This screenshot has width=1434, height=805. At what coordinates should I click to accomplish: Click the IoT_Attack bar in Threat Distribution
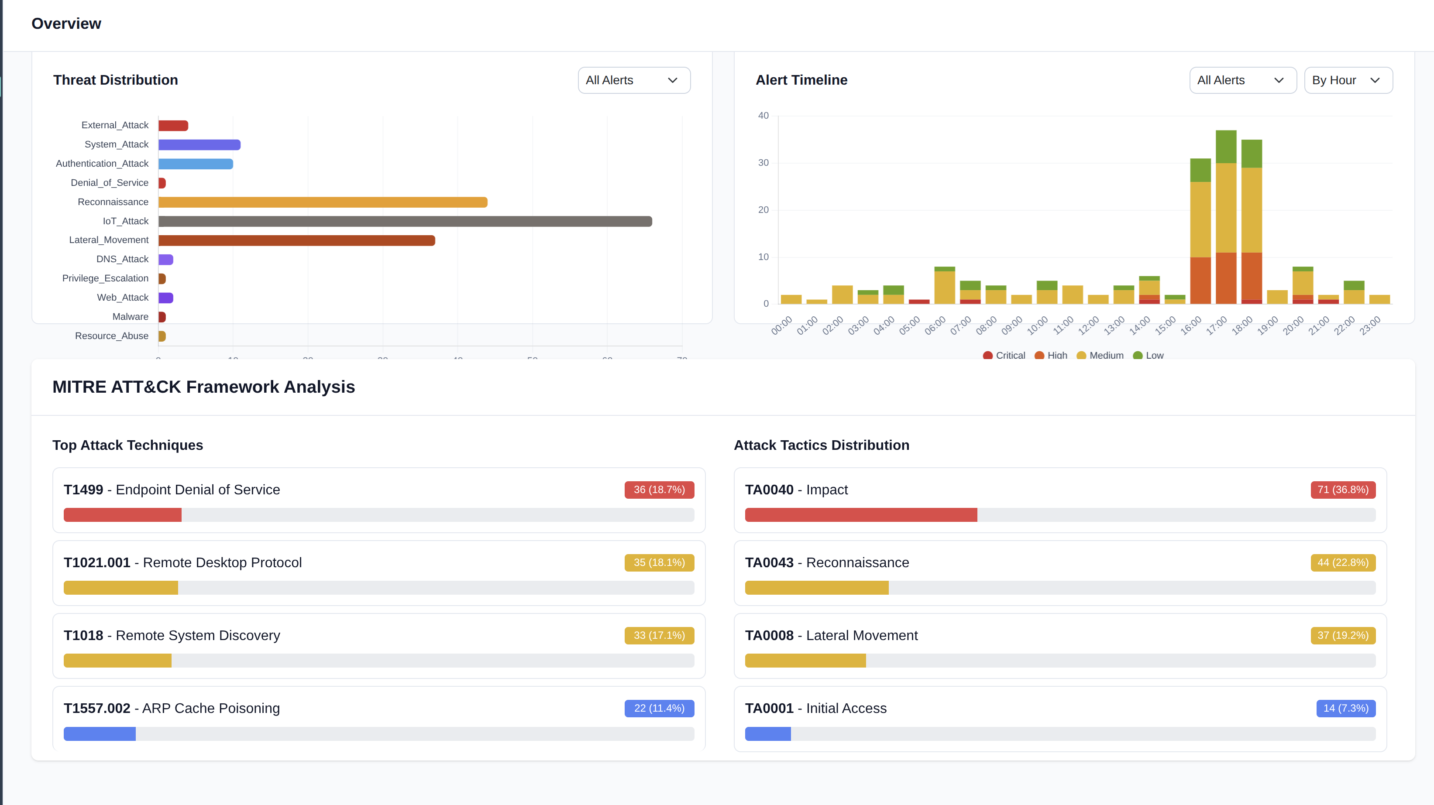tap(405, 221)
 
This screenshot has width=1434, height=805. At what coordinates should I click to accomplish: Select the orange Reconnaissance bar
tap(323, 202)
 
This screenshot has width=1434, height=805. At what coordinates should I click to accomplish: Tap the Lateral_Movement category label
tap(109, 240)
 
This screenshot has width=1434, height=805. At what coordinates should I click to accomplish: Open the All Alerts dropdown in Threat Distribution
tap(633, 80)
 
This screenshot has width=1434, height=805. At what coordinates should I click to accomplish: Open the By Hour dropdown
tap(1348, 80)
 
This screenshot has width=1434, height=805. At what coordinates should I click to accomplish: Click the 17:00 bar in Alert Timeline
tap(1226, 217)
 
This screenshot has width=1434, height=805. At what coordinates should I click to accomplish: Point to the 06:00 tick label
tap(935, 325)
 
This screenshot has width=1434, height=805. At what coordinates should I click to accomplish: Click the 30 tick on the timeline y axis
tap(763, 162)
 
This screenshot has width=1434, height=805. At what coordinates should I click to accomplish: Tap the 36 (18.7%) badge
tap(659, 490)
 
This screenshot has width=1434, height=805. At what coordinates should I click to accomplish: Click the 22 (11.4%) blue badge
tap(659, 708)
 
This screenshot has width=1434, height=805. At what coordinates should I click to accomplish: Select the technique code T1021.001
tap(97, 562)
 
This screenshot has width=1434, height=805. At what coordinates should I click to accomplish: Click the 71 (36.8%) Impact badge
tap(1342, 490)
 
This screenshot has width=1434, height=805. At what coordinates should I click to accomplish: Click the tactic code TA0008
tap(769, 635)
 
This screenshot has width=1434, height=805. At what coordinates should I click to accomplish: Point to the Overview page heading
tap(66, 24)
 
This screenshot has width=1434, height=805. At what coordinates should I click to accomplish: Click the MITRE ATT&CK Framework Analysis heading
tap(204, 387)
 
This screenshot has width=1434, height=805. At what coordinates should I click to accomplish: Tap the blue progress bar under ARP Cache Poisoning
tap(100, 734)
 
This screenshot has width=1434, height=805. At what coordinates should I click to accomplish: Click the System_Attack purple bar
tap(199, 145)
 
